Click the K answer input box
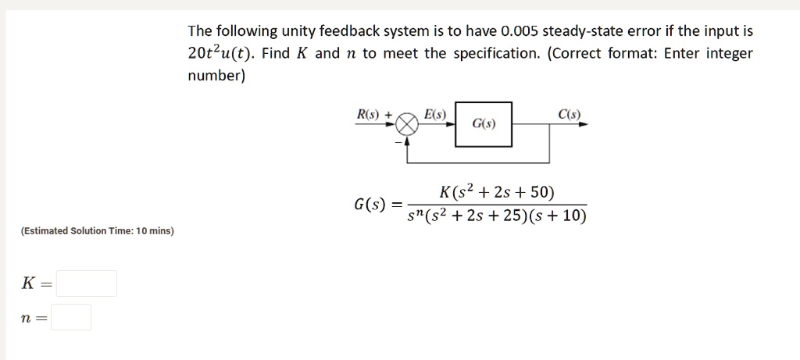[x=86, y=283]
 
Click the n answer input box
[x=71, y=317]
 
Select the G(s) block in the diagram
[x=484, y=124]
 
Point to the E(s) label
[x=435, y=114]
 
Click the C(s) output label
[x=570, y=114]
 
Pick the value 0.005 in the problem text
[x=520, y=31]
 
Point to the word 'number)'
[x=217, y=77]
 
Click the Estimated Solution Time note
[x=98, y=231]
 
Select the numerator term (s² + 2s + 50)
[x=504, y=193]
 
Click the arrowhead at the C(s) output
[x=584, y=124]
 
